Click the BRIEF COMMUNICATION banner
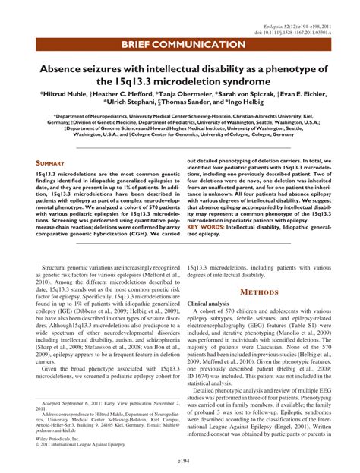click(180, 44)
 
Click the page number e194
click(180, 460)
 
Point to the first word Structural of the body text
click(60, 269)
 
